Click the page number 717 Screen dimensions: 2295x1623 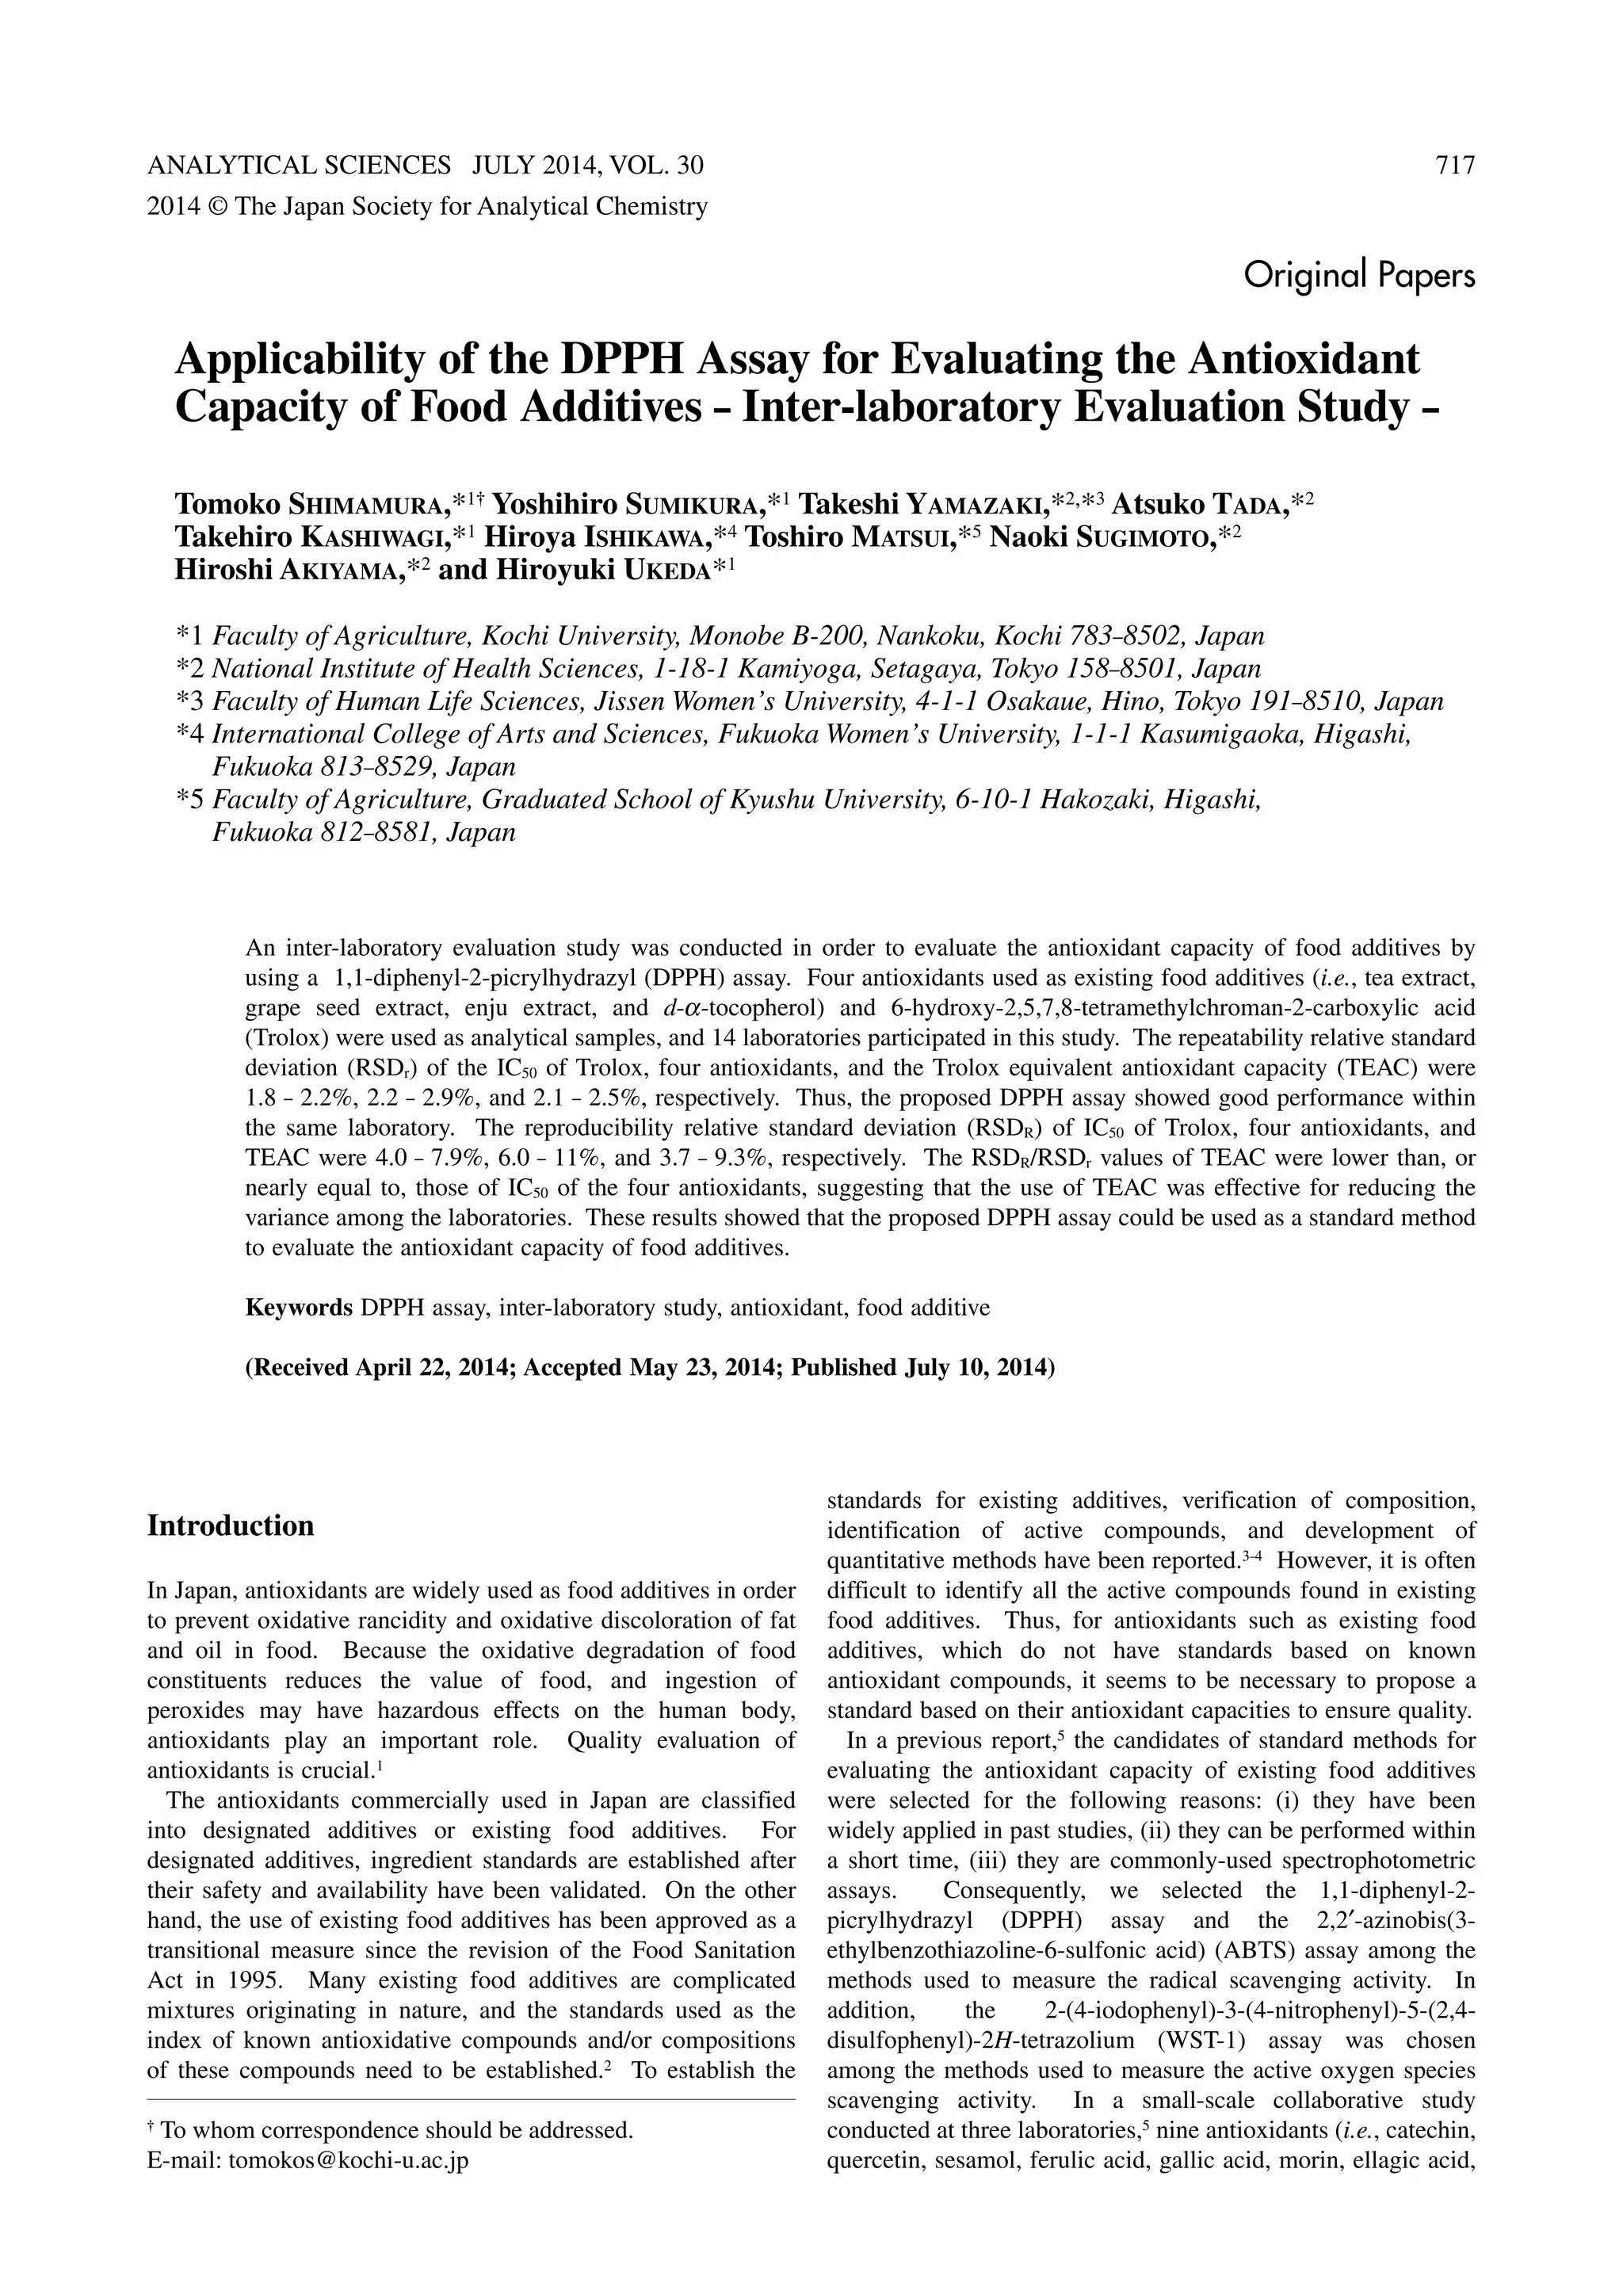[x=1454, y=166]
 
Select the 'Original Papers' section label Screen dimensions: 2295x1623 [x=1359, y=275]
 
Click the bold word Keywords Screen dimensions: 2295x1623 [x=299, y=1308]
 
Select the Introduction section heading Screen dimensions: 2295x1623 [x=231, y=1526]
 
